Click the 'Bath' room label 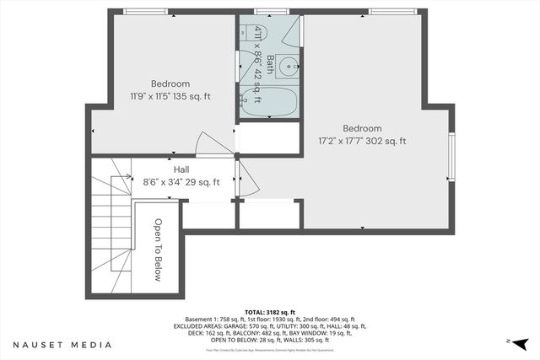click(270, 64)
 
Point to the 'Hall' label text click(181, 169)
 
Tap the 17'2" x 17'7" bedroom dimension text click(362, 141)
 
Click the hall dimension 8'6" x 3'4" click(181, 181)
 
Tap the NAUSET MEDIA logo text click(62, 345)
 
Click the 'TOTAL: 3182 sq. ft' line click(270, 311)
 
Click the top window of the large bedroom click(392, 12)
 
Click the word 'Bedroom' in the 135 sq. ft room click(170, 83)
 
